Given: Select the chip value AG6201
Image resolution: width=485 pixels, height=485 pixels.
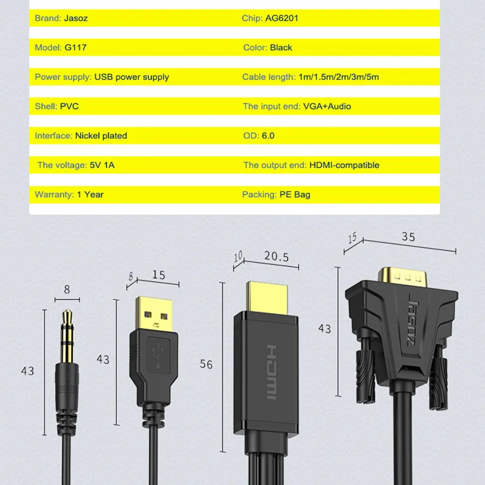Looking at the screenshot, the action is coord(281,18).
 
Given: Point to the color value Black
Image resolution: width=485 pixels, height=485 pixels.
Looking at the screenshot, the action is coord(281,47).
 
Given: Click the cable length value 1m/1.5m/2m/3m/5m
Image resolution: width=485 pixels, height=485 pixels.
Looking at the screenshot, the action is coord(339,77).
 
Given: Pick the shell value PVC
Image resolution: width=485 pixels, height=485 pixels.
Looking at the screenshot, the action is coord(69,106).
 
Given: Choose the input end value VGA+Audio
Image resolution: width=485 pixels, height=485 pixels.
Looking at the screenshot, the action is coord(327,106).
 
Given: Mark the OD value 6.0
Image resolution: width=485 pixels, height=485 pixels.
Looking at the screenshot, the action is coord(267,136).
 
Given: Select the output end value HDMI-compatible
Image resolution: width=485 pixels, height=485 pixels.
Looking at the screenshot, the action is coord(344,165).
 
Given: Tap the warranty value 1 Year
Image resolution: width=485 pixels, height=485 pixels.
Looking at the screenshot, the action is coord(90,195).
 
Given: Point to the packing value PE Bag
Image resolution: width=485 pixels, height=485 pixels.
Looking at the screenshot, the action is coord(295,195).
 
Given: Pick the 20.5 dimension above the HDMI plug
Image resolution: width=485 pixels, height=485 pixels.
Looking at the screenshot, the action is coord(276,257).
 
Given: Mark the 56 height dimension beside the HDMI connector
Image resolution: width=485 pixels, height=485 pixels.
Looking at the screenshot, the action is coord(207,364).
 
